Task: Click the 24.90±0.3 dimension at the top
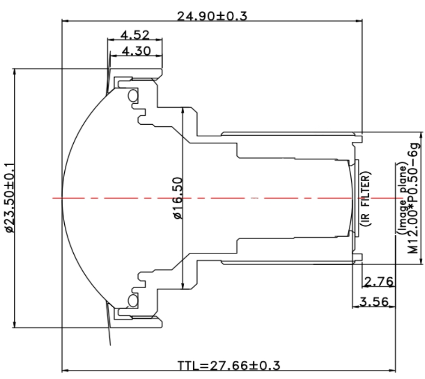click(x=212, y=16)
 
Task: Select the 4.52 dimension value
click(x=135, y=35)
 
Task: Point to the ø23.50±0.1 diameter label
click(x=10, y=198)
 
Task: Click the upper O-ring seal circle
click(x=132, y=96)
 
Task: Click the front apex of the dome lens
click(x=63, y=198)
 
